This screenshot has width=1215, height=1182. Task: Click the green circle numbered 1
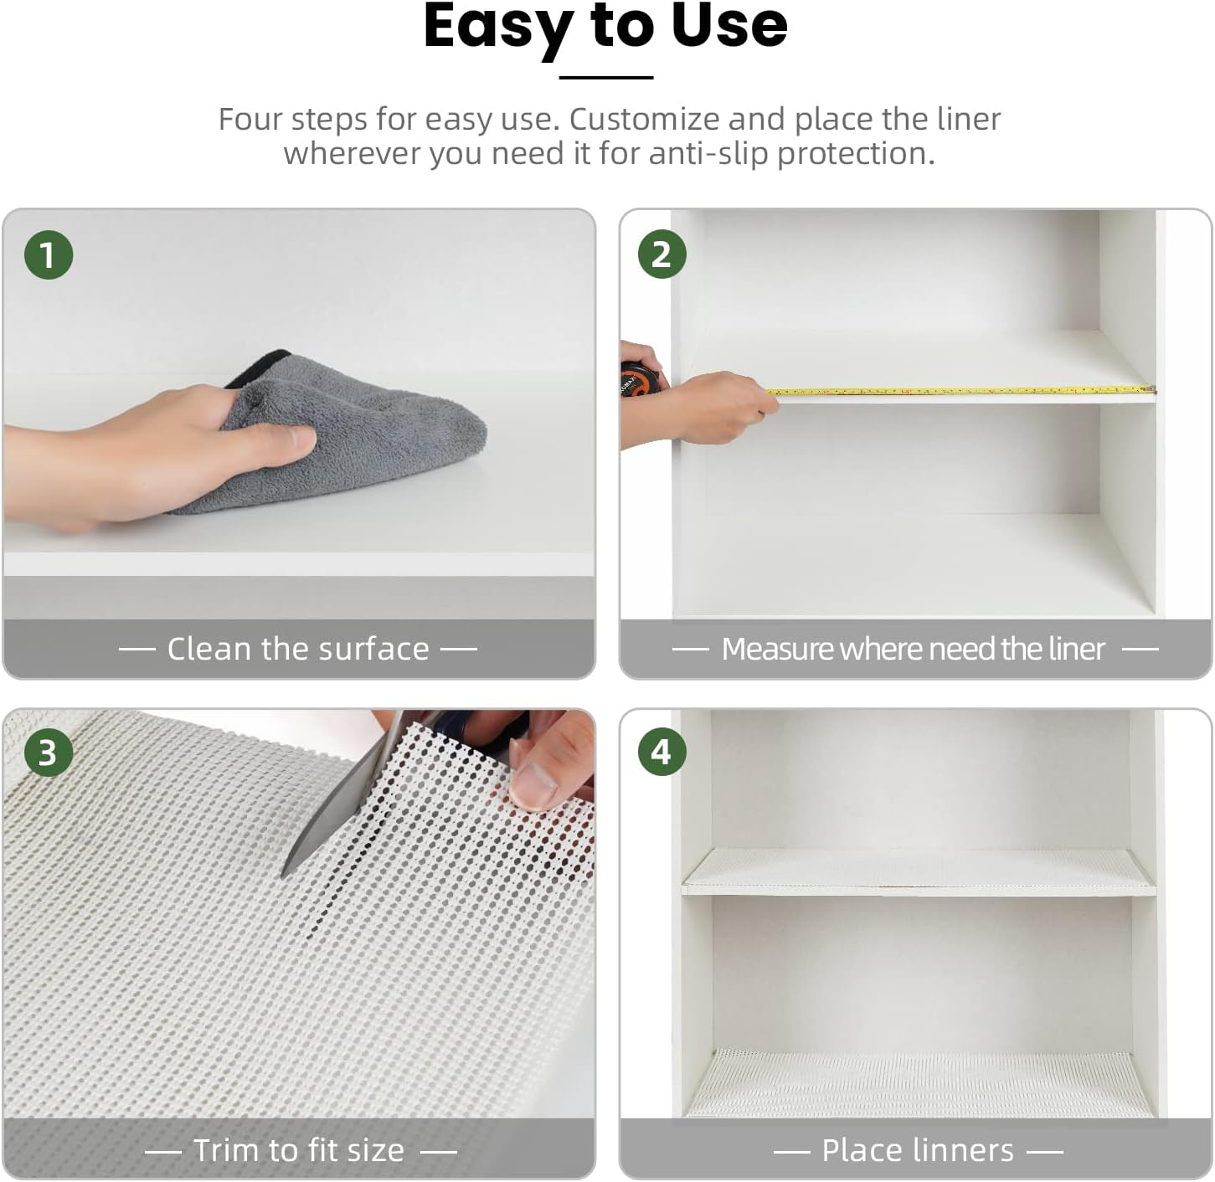click(49, 254)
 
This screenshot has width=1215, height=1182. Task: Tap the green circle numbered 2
click(662, 254)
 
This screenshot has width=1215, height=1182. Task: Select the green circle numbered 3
click(48, 752)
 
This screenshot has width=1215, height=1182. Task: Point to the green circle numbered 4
click(662, 752)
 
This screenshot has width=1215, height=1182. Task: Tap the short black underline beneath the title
click(605, 77)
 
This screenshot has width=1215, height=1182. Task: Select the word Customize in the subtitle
click(642, 119)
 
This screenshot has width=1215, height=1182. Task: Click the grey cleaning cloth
click(350, 430)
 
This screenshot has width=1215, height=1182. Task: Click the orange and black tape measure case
click(639, 379)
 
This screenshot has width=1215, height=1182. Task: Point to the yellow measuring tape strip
click(960, 391)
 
